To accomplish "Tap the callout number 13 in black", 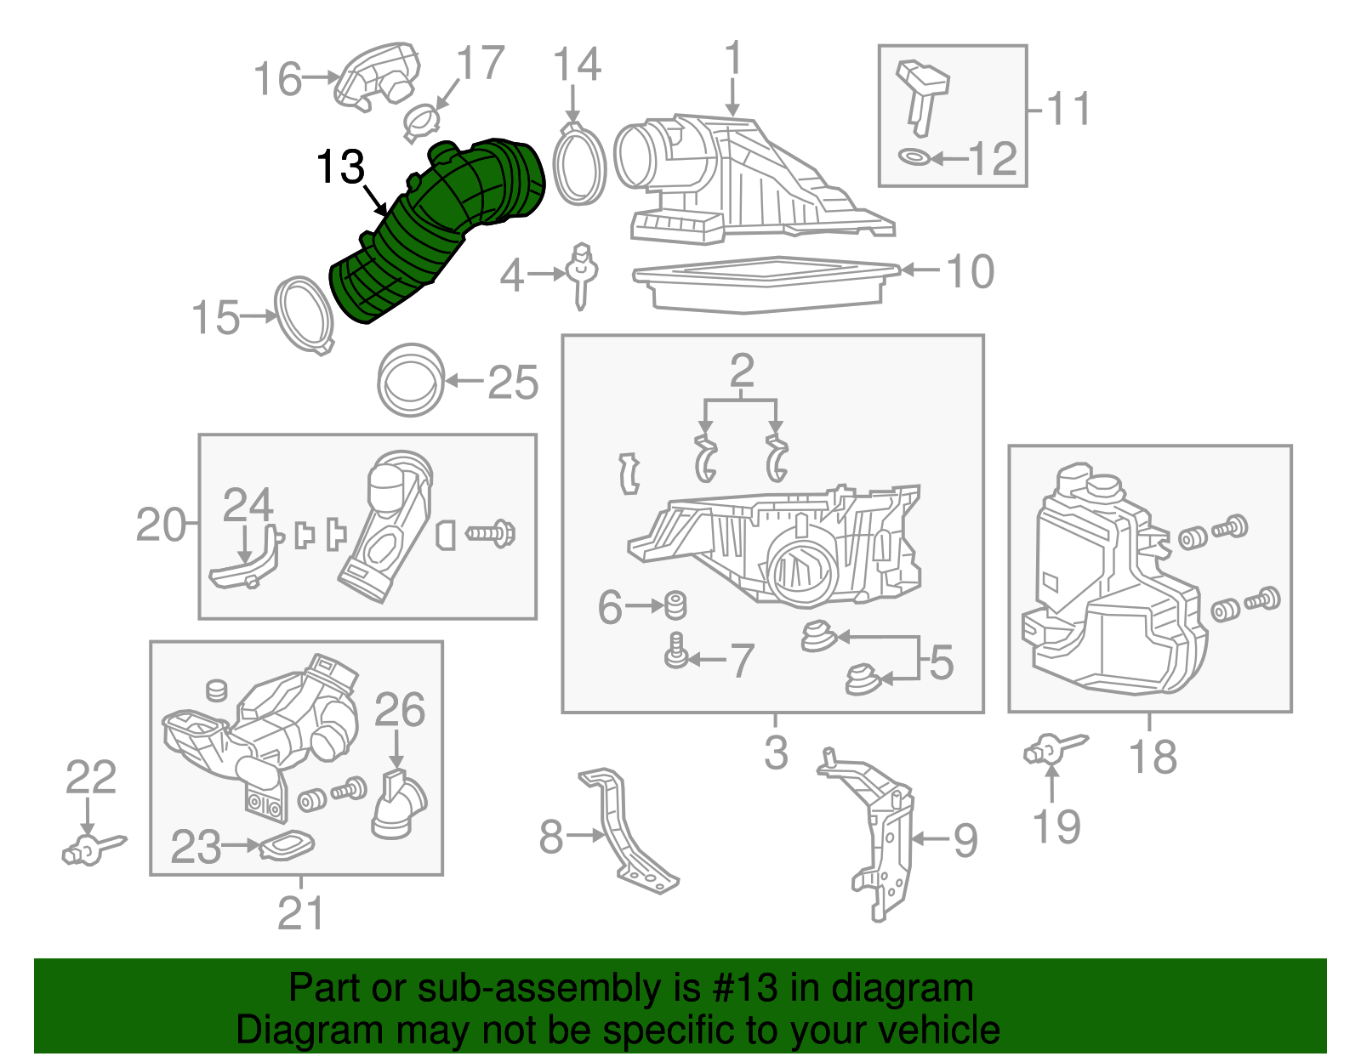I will (x=340, y=167).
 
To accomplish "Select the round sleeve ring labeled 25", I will (x=411, y=380).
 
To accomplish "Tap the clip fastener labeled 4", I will (x=582, y=274).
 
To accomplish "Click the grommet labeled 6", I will (x=675, y=605).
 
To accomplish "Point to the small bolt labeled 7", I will (x=676, y=653).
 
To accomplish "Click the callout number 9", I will (x=965, y=840).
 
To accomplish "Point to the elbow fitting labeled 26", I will (x=398, y=804).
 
